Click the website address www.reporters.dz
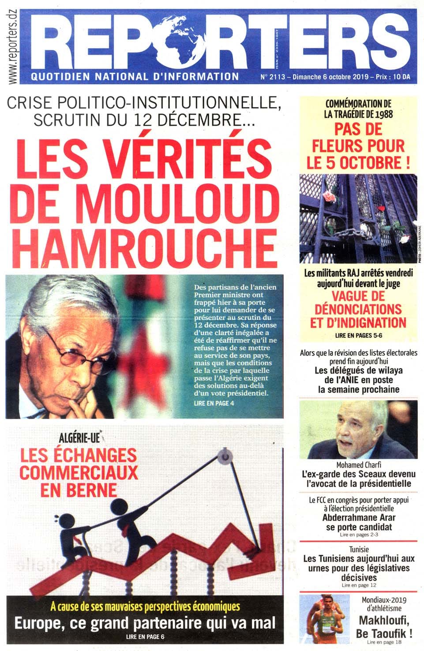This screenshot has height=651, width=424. (13, 42)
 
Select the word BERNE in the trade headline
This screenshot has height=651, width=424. (79, 490)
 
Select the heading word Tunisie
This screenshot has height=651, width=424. (358, 550)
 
